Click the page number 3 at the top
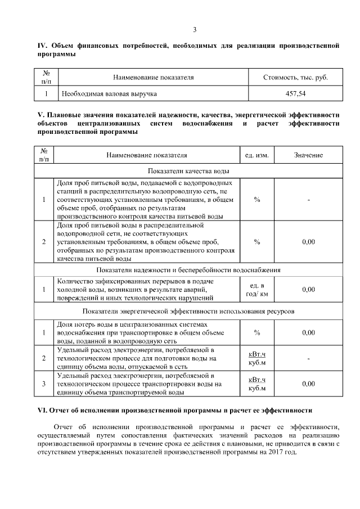click(195, 30)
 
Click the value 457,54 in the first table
click(295, 93)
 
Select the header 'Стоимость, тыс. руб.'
click(295, 77)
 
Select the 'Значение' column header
click(308, 154)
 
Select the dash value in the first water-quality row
click(308, 200)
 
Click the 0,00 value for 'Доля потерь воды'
click(308, 333)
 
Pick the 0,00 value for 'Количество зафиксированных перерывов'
click(308, 290)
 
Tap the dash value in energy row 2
click(308, 358)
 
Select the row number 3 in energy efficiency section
click(44, 384)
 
